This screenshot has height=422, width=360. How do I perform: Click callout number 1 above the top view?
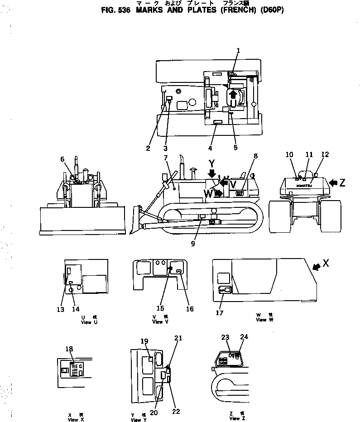pyautogui.click(x=238, y=51)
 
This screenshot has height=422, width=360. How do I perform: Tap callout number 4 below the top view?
pyautogui.click(x=210, y=148)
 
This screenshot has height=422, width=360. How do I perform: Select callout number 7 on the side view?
pyautogui.click(x=166, y=158)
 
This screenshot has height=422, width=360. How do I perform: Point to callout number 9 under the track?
pyautogui.click(x=193, y=243)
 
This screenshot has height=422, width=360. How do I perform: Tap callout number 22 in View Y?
pyautogui.click(x=176, y=411)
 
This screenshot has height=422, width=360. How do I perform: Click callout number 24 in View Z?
pyautogui.click(x=245, y=337)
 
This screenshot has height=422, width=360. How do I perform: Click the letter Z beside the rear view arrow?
pyautogui.click(x=342, y=182)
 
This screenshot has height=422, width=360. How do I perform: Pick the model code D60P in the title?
pyautogui.click(x=271, y=10)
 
